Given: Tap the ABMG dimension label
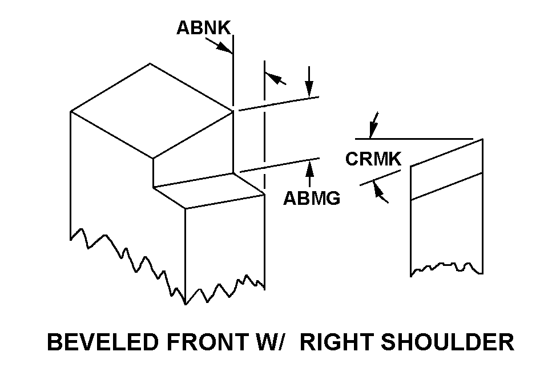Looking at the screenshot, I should pyautogui.click(x=312, y=198).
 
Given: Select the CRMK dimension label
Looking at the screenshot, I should pyautogui.click(x=373, y=159).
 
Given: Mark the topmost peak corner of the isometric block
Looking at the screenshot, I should pyautogui.click(x=150, y=63).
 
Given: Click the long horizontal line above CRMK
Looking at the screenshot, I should pyautogui.click(x=414, y=139).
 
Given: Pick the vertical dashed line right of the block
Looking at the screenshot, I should pyautogui.click(x=264, y=126).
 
